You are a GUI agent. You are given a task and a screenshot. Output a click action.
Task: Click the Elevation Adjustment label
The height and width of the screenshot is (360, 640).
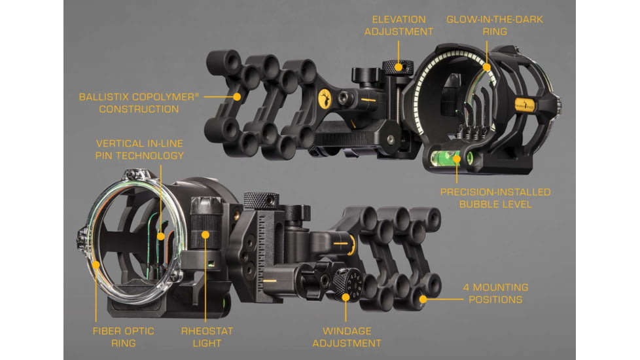click(x=399, y=26)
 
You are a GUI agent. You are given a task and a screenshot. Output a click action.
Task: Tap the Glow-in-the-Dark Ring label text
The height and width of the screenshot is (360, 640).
click(x=495, y=26)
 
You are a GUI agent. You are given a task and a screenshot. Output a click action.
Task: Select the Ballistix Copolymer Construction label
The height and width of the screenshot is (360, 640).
click(x=139, y=103)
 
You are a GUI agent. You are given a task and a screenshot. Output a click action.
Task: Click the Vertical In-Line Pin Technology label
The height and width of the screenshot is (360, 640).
click(x=139, y=149)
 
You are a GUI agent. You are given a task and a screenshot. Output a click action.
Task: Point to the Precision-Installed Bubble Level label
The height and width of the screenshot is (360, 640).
click(x=495, y=198)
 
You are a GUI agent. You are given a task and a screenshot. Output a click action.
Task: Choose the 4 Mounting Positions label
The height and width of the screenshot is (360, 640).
click(x=495, y=293)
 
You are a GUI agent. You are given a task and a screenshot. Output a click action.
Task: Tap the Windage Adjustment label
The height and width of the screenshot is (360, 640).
click(x=347, y=337)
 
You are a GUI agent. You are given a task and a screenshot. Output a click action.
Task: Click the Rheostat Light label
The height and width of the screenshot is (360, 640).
click(x=207, y=337)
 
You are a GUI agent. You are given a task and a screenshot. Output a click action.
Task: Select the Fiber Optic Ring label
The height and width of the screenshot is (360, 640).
click(x=123, y=337)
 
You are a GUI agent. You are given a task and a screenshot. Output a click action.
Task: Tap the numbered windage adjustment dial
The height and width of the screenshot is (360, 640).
click(x=347, y=285)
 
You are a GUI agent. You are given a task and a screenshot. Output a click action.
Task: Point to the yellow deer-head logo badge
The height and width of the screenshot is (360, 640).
click(x=325, y=99)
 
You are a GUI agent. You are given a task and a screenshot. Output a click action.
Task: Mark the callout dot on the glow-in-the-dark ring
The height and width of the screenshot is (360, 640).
click(x=486, y=67)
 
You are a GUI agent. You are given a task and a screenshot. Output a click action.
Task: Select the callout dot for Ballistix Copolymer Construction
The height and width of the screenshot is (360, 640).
click(x=237, y=97)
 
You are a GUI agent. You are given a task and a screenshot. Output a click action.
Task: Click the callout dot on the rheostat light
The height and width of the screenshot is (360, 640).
click(x=205, y=235)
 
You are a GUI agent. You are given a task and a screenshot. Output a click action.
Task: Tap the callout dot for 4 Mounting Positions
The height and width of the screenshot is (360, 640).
click(x=423, y=299)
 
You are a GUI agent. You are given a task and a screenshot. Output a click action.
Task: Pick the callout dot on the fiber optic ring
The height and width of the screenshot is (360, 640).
click(x=96, y=264)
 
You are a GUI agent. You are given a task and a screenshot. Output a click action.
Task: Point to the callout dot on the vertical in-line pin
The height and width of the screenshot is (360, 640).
click(x=161, y=236)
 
